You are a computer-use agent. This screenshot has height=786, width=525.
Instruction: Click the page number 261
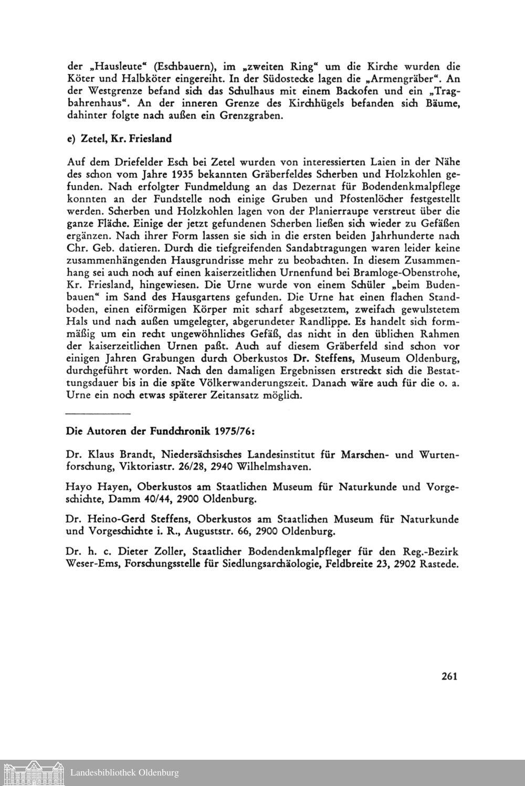(x=450, y=676)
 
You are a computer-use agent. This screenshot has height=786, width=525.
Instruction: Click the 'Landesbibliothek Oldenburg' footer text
(x=124, y=773)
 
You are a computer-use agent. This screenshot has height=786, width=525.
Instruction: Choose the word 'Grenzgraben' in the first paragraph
(x=250, y=115)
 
